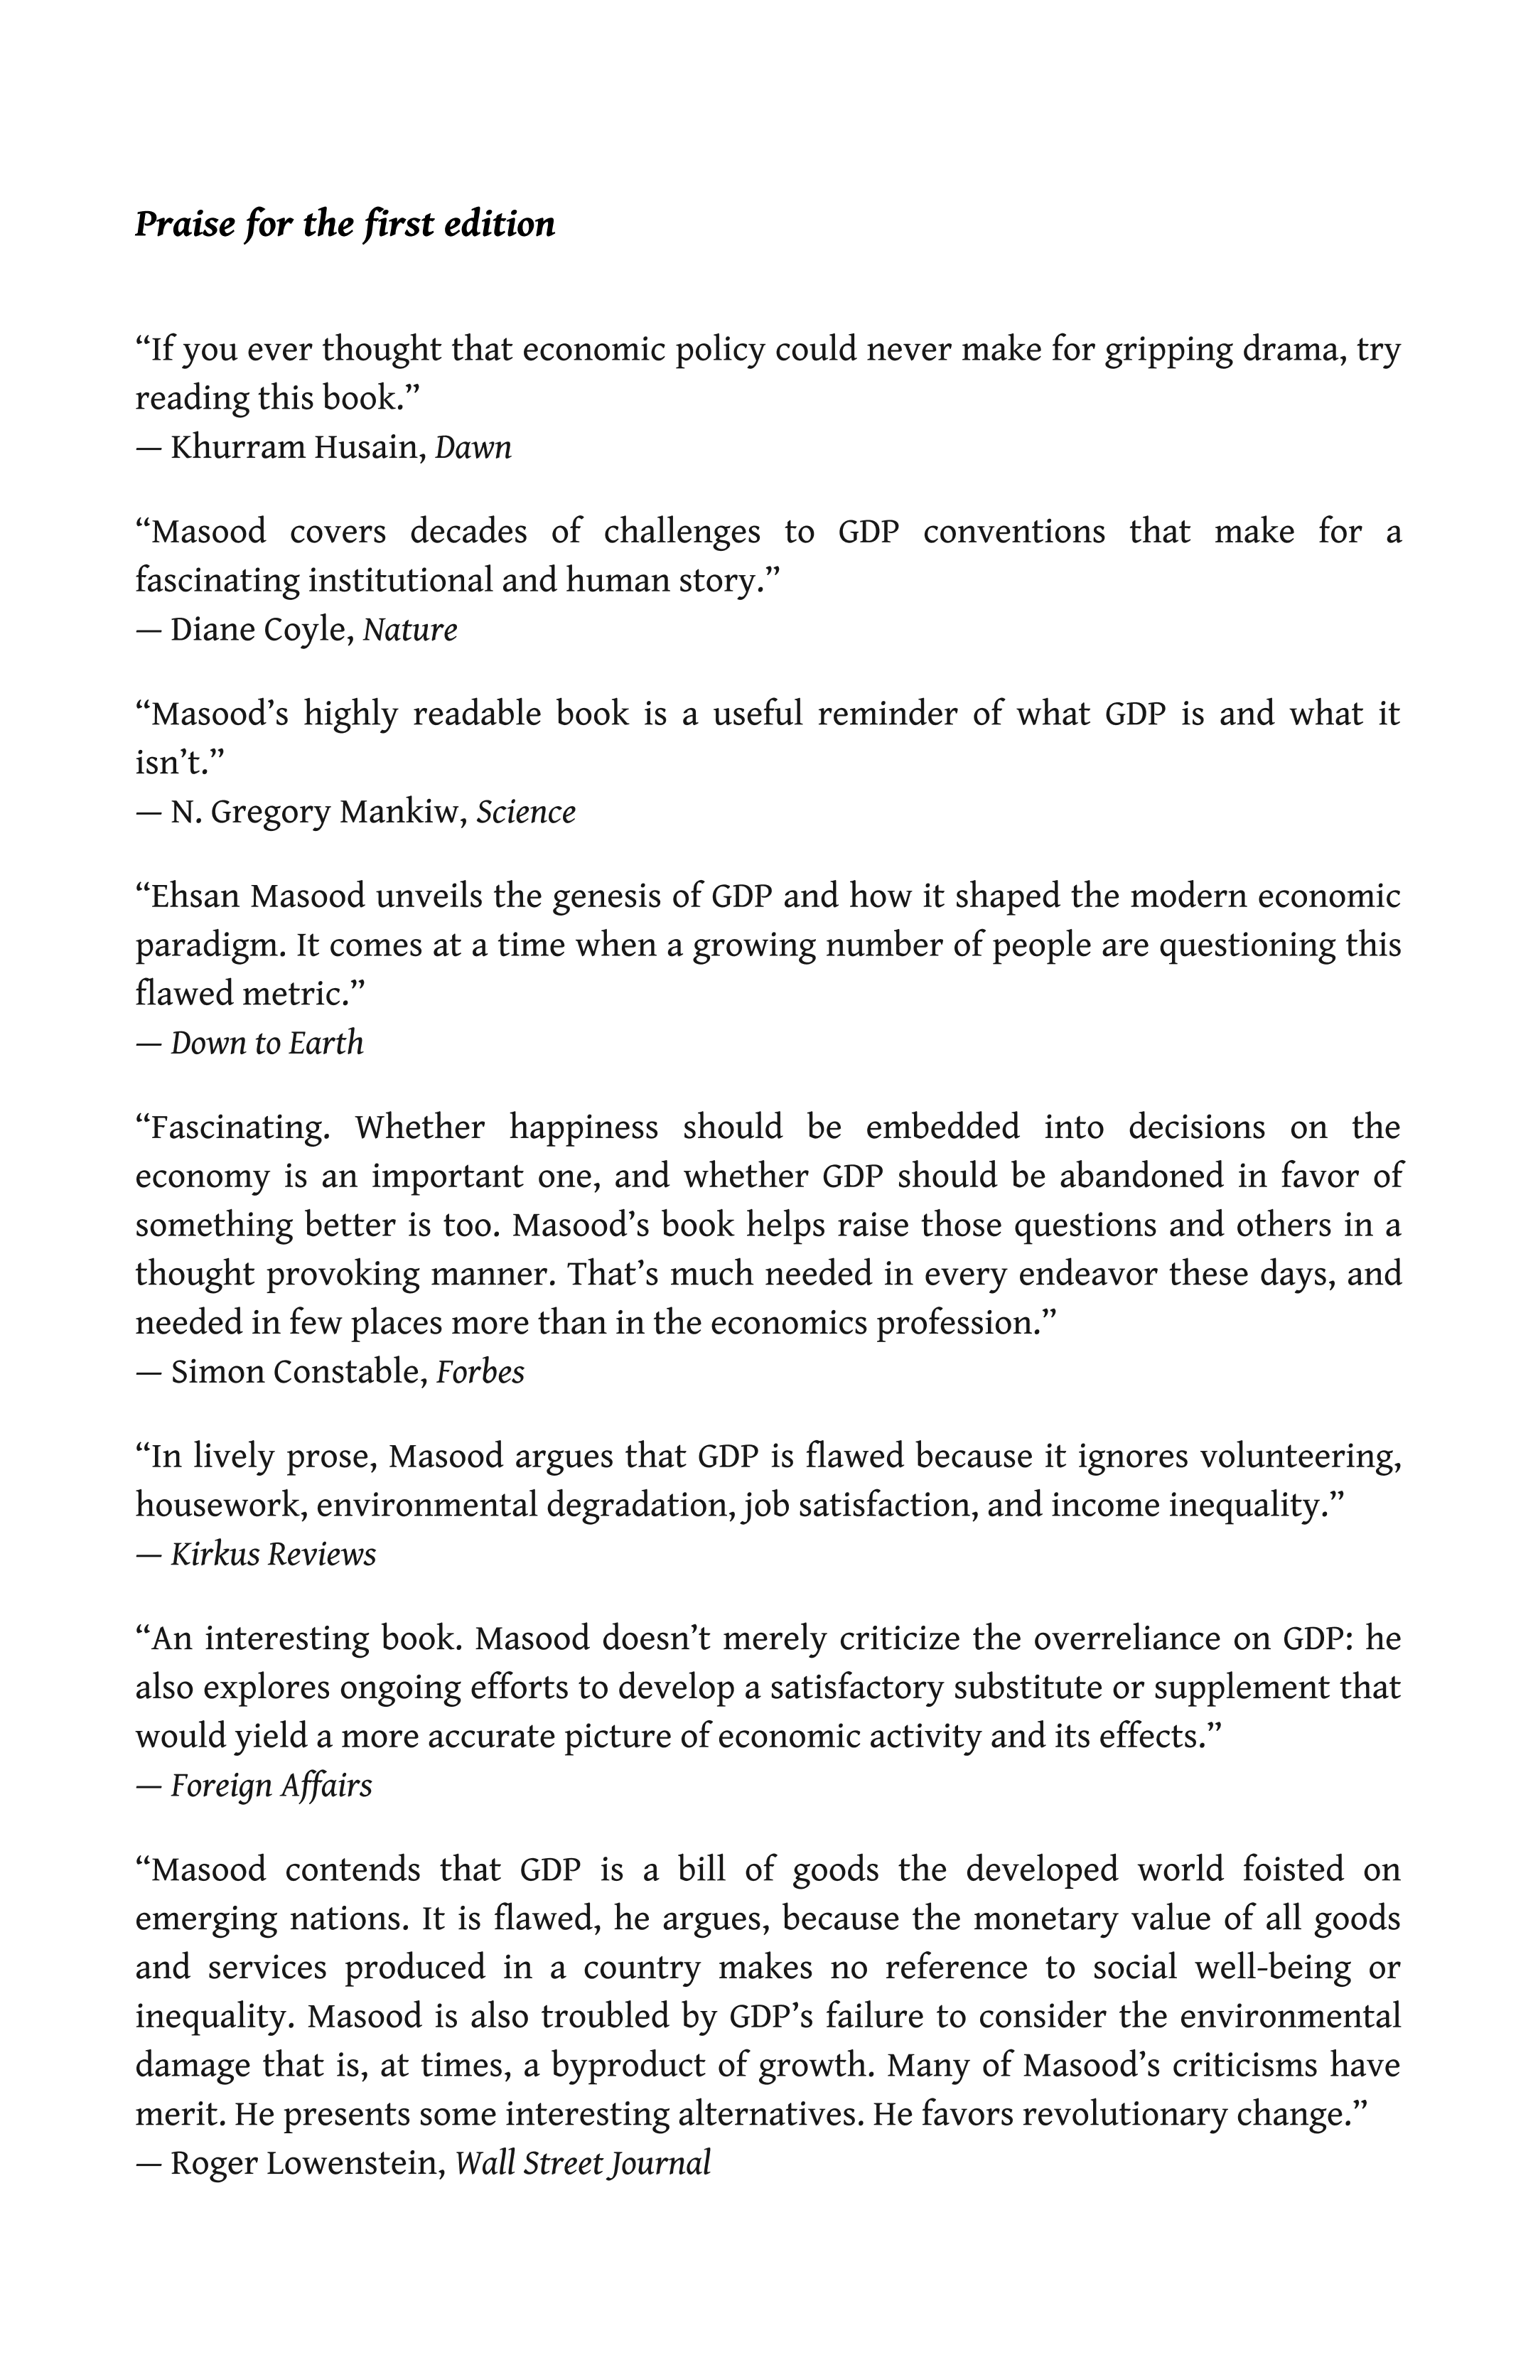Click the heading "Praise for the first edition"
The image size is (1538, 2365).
[345, 225]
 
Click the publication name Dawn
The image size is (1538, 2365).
[473, 448]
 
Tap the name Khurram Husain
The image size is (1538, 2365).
[298, 448]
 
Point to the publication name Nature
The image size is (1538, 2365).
[409, 630]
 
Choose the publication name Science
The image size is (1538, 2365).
[526, 813]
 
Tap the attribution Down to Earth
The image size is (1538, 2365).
[267, 1044]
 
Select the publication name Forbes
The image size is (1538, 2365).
[480, 1372]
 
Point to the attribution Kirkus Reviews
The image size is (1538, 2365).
[273, 1554]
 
